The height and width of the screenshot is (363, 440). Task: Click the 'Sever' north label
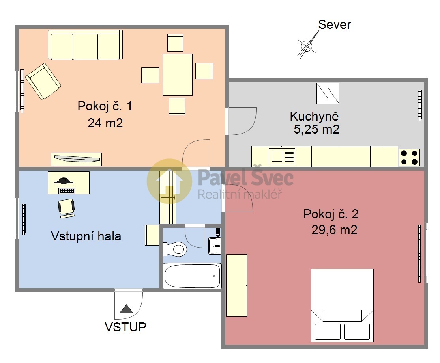(335, 25)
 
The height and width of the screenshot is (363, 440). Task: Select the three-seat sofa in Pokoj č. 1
(85, 45)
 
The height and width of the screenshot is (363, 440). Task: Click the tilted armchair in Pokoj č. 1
(43, 81)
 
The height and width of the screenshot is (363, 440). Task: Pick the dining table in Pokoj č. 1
(177, 75)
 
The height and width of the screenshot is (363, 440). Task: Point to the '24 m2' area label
(105, 123)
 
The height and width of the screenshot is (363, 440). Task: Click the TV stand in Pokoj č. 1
(76, 159)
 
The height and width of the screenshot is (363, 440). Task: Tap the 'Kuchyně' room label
(314, 116)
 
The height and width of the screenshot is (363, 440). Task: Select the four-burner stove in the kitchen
(409, 157)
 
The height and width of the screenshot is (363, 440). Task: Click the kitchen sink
(282, 156)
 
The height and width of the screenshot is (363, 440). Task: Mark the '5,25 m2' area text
(316, 129)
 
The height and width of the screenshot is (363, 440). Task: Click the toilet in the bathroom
(175, 249)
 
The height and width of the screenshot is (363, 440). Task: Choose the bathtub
(192, 276)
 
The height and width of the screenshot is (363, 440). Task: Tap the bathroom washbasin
(215, 246)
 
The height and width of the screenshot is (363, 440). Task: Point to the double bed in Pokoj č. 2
(342, 305)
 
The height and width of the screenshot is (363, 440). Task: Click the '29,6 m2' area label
(334, 230)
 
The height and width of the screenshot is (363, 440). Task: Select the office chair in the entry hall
(67, 208)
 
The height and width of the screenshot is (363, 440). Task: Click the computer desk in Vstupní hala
(69, 183)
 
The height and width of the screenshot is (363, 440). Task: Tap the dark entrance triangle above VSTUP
(126, 309)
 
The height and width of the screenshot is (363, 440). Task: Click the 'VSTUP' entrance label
(125, 327)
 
